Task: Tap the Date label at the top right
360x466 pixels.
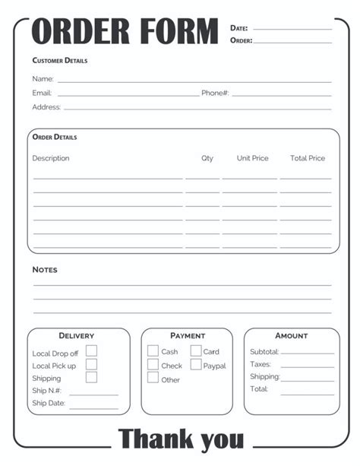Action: click(239, 28)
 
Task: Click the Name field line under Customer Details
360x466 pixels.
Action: click(194, 80)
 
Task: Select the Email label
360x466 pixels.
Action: click(42, 93)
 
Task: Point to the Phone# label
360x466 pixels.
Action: click(215, 93)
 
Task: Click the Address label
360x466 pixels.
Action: click(46, 107)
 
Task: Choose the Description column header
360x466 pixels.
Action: click(51, 158)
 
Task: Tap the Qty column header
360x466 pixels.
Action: click(207, 158)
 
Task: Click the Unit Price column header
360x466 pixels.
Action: click(252, 158)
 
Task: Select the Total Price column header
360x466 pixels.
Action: click(308, 158)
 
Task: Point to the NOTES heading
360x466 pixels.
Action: click(45, 270)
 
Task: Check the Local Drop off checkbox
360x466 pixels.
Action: click(91, 351)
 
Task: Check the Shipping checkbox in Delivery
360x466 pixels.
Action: click(91, 377)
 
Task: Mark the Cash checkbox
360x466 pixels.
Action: click(153, 351)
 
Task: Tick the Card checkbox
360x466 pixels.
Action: click(195, 351)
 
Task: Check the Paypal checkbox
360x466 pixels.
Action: click(195, 365)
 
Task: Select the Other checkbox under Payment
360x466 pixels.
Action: click(153, 378)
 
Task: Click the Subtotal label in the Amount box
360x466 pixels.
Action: click(264, 352)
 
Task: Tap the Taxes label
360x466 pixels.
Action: click(260, 364)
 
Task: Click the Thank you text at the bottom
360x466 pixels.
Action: click(182, 439)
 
